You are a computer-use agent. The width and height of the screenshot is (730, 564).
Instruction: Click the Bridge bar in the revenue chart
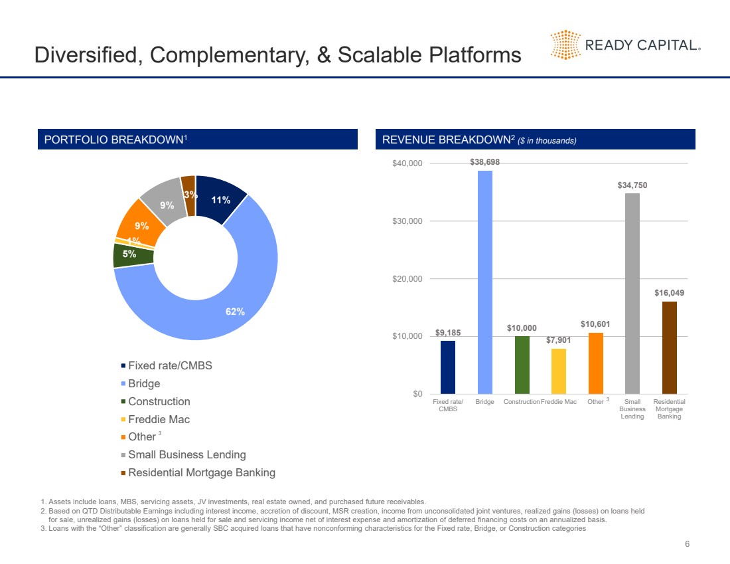[x=484, y=282]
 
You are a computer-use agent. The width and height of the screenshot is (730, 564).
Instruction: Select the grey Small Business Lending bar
[x=632, y=293]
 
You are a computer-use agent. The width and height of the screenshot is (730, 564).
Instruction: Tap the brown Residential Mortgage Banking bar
[x=670, y=347]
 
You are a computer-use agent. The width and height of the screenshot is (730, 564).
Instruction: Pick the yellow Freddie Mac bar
[x=559, y=371]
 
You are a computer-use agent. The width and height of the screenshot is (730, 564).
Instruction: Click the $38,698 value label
[x=484, y=162]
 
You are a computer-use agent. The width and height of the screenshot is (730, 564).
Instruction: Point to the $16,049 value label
[x=670, y=293]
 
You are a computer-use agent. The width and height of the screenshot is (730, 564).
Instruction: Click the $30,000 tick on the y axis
[x=407, y=221]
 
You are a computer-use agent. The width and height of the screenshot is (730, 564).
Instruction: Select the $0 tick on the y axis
[x=417, y=394]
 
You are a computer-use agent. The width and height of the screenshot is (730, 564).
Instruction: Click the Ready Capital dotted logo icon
[x=565, y=45]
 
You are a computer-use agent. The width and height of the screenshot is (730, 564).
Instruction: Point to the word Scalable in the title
[x=380, y=54]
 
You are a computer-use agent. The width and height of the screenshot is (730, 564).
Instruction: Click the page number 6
[x=687, y=544]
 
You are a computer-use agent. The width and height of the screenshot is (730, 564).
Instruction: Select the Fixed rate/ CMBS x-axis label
[x=448, y=405]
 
